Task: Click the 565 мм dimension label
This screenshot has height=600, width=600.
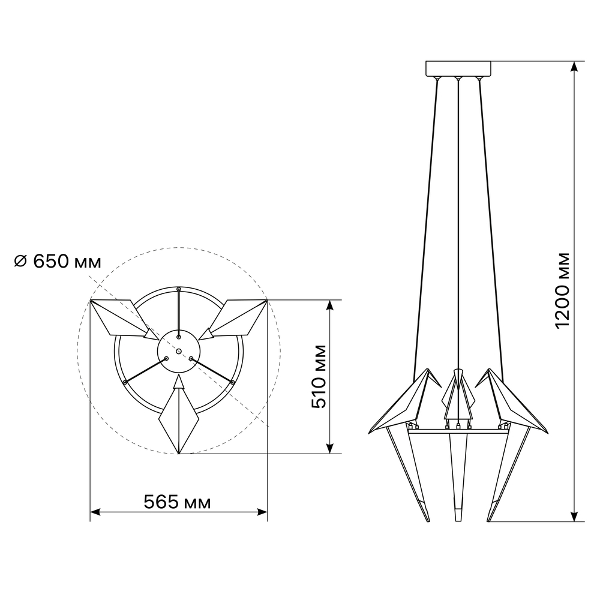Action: pos(177,502)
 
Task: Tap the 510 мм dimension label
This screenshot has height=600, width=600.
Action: pos(319,377)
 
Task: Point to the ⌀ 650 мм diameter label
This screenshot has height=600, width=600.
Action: pos(58,262)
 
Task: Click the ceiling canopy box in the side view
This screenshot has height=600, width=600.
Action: pos(458,68)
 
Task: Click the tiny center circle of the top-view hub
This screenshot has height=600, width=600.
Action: pos(179,351)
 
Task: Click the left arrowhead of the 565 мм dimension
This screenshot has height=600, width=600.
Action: pos(95,512)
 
